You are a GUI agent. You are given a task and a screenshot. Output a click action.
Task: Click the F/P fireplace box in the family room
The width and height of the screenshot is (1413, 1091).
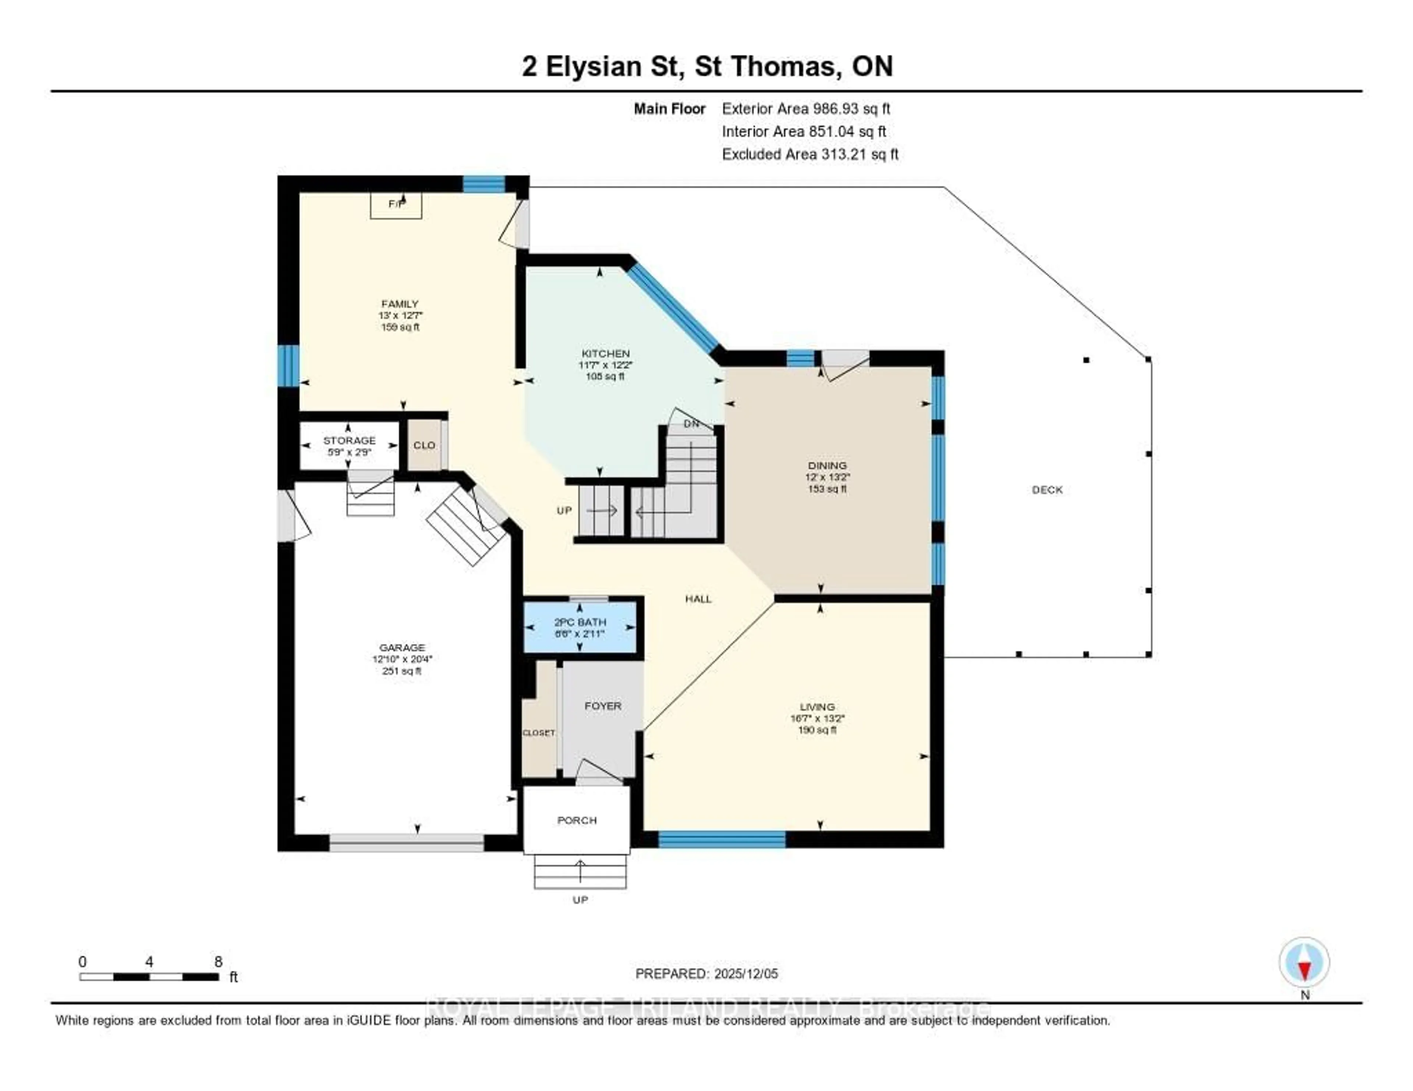[x=396, y=205]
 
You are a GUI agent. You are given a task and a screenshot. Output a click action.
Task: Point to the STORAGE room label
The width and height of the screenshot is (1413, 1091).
[x=349, y=440]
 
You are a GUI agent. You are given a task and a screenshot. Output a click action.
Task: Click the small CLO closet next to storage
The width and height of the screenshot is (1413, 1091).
[x=424, y=445]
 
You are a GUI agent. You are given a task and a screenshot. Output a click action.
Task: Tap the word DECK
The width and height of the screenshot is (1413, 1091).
[x=1047, y=490]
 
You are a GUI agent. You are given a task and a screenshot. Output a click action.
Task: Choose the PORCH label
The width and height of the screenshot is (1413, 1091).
[x=577, y=820]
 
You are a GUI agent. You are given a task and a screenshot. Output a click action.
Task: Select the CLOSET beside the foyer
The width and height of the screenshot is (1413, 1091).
[x=539, y=733]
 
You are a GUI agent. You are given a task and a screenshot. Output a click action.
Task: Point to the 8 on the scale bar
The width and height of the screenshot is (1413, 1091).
[x=218, y=962]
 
